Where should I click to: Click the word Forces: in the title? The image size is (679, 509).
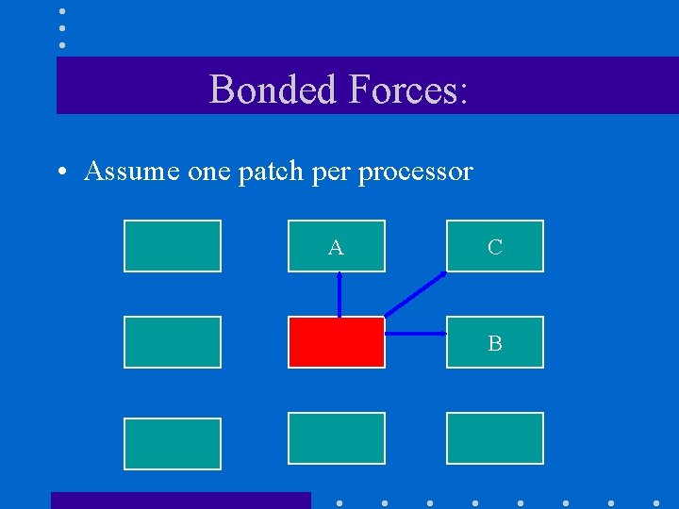pyautogui.click(x=407, y=90)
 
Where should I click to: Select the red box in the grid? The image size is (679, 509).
pyautogui.click(x=337, y=342)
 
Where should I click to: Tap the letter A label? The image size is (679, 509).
pyautogui.click(x=336, y=248)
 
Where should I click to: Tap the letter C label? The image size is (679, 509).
pyautogui.click(x=495, y=248)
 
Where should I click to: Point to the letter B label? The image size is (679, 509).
pyautogui.click(x=495, y=344)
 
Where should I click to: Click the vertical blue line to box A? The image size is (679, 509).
pyautogui.click(x=339, y=294)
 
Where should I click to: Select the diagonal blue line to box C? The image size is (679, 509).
pyautogui.click(x=416, y=294)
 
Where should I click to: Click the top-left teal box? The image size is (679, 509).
pyautogui.click(x=173, y=246)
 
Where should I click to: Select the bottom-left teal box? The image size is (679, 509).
pyautogui.click(x=173, y=444)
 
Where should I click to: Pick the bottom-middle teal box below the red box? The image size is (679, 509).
pyautogui.click(x=337, y=438)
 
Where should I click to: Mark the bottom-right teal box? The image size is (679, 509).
pyautogui.click(x=495, y=438)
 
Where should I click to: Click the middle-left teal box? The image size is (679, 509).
pyautogui.click(x=173, y=342)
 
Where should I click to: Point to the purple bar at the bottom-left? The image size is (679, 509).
pyautogui.click(x=180, y=501)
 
